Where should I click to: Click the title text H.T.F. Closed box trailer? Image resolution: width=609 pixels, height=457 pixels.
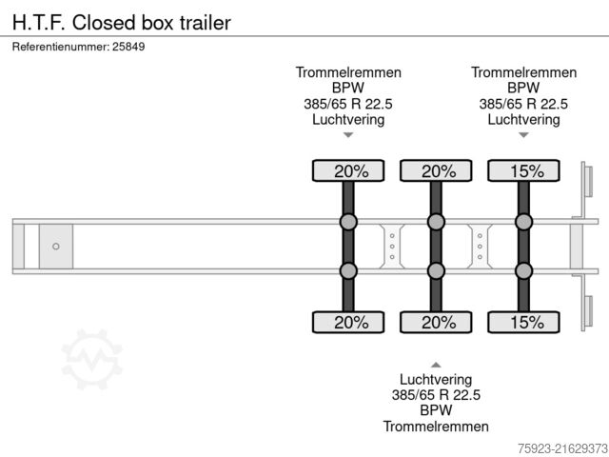[122, 22]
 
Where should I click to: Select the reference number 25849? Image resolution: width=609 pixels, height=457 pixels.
[128, 46]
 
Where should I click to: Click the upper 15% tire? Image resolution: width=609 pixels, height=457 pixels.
[523, 171]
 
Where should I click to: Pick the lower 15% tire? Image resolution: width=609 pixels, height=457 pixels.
[523, 322]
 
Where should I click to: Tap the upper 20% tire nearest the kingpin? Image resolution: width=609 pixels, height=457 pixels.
[348, 171]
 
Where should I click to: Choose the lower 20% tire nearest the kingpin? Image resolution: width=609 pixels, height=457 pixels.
[348, 322]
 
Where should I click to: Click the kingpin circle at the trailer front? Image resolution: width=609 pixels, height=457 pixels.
[56, 247]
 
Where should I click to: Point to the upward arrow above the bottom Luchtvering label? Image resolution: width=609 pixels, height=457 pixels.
[436, 364]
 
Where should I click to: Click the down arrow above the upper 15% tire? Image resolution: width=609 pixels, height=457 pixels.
[523, 136]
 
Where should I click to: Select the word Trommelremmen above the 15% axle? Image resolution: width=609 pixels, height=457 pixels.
[523, 72]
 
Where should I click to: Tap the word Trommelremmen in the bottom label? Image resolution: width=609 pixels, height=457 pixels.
[436, 427]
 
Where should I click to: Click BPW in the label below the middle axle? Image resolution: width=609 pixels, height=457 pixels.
[436, 410]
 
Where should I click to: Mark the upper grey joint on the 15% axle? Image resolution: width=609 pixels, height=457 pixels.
[523, 223]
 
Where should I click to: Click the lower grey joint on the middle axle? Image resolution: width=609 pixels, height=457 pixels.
[436, 271]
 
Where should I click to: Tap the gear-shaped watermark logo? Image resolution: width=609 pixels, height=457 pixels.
[92, 359]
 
